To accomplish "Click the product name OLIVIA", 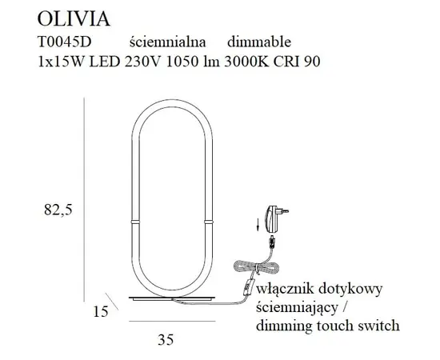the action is tap(74, 19).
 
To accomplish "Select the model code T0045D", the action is tap(65, 42).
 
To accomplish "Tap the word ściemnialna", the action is tap(168, 42).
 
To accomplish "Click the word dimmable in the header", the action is tap(259, 42).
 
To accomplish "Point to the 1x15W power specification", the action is tap(61, 62).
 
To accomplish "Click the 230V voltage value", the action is tap(143, 62).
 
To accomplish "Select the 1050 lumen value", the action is tap(182, 62).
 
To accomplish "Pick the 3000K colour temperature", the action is tap(246, 62).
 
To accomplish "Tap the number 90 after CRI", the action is tap(312, 62).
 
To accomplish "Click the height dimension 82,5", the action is tap(58, 210).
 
